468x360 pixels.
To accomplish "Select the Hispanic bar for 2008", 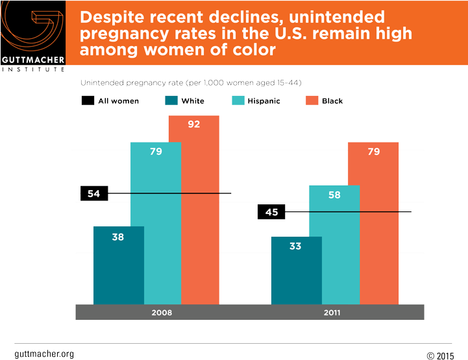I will tap(156, 227).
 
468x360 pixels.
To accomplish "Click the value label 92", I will tap(193, 125).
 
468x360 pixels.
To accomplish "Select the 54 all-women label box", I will tap(93, 193).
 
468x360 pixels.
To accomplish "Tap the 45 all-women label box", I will tap(271, 212).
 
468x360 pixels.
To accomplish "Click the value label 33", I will tap(295, 246).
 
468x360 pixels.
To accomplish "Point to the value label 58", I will tap(334, 195).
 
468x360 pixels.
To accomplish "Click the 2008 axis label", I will tap(161, 312).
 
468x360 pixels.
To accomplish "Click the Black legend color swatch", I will tap(310, 101).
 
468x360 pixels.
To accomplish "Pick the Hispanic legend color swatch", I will tap(237, 101).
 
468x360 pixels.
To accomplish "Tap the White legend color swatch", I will tap(171, 101).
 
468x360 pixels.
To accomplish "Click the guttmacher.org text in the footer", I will tap(43, 354).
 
